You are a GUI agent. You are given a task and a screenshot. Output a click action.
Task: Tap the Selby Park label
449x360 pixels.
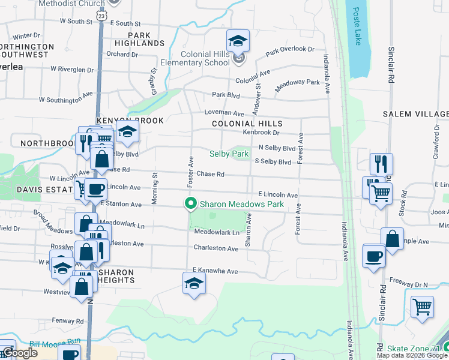point(229,154)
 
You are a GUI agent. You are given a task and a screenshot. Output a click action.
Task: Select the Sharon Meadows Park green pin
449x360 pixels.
point(191,204)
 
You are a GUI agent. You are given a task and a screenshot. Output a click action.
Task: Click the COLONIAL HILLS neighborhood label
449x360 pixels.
point(247,124)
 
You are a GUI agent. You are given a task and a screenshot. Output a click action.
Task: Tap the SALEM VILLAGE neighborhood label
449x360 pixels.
point(416,114)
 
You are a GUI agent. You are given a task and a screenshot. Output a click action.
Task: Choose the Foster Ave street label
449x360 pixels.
point(191,163)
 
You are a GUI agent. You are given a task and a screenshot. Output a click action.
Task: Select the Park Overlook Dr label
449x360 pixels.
point(291,50)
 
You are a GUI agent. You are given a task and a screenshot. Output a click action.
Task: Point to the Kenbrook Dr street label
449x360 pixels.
point(261,132)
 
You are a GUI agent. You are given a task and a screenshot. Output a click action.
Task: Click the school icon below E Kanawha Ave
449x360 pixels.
point(194,284)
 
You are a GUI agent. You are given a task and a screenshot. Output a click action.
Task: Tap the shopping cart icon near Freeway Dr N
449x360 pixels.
point(422,307)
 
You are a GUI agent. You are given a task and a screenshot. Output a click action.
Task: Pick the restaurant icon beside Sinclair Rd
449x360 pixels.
point(381,164)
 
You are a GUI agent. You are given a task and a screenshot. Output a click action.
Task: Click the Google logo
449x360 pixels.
point(20,353)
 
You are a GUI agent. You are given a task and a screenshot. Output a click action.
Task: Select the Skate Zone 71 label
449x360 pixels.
point(414,349)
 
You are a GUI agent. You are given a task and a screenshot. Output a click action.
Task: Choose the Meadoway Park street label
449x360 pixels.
point(298,86)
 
